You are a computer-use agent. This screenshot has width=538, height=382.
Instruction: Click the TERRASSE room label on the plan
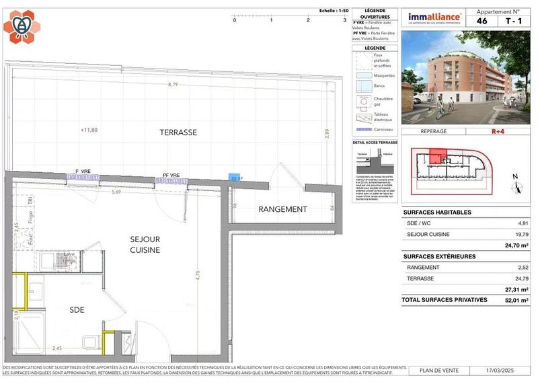(x=178, y=132)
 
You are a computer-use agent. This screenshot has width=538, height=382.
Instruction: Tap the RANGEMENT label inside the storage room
(x=282, y=209)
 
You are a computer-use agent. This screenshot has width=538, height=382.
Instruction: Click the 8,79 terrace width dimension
(x=173, y=85)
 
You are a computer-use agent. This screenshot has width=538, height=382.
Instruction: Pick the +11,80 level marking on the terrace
(x=89, y=130)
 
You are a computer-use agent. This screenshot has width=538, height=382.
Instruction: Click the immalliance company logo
(x=435, y=17)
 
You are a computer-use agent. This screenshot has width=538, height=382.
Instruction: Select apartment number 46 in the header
(x=482, y=21)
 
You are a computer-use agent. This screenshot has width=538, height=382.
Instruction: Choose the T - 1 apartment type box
(x=513, y=21)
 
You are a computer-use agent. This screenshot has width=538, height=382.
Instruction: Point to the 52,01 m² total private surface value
(x=515, y=301)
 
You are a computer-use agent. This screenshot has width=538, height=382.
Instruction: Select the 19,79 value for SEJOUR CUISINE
(x=519, y=234)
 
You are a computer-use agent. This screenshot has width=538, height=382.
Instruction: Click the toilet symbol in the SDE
(x=88, y=342)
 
